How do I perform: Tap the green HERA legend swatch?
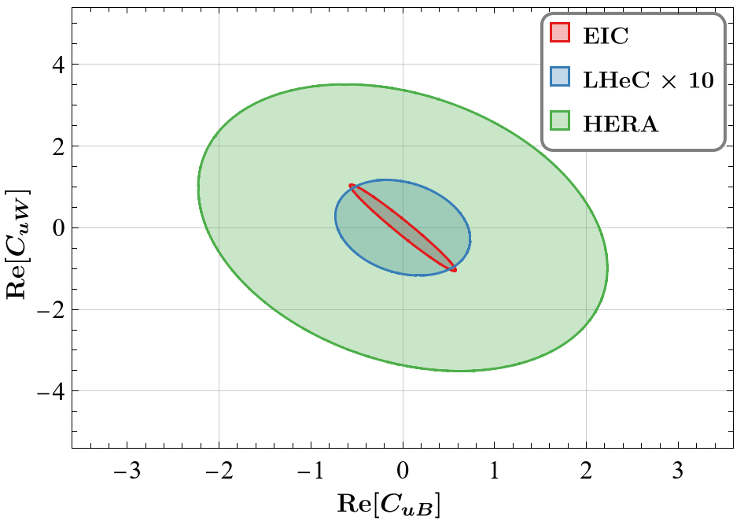(x=559, y=124)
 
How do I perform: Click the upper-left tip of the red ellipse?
(x=351, y=186)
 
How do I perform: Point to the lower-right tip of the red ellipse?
(x=455, y=271)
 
